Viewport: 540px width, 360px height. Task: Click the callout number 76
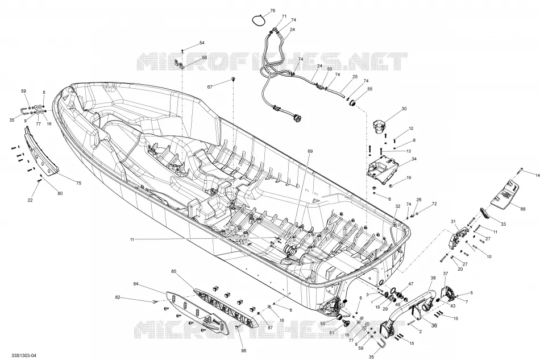pos(272,11)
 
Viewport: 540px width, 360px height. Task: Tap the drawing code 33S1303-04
pos(23,355)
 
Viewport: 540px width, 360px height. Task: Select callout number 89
pos(522,209)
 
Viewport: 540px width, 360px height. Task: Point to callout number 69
pos(310,151)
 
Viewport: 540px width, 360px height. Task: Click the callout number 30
pos(404,109)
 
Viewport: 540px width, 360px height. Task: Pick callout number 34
pos(414,159)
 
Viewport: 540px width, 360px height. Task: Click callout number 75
pos(78,183)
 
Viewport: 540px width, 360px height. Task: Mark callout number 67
pos(209,87)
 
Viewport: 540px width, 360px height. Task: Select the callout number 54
pos(202,43)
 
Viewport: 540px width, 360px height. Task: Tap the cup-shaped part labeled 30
pos(379,126)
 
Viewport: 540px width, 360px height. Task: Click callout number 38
pos(433,278)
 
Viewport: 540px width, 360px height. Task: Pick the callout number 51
pos(331,333)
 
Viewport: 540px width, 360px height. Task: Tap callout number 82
pos(118,297)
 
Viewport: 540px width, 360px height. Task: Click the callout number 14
pos(538,175)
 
